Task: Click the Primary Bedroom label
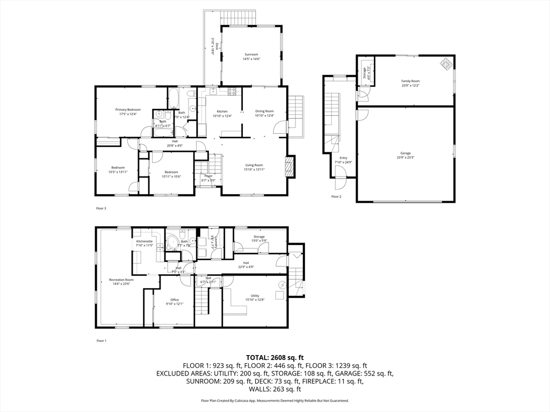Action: pyautogui.click(x=128, y=109)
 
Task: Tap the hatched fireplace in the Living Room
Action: pyautogui.click(x=290, y=166)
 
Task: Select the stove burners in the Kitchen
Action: pyautogui.click(x=232, y=92)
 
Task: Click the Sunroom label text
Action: pyautogui.click(x=251, y=54)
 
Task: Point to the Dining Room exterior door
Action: pyautogui.click(x=280, y=128)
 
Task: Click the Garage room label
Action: pyautogui.click(x=406, y=153)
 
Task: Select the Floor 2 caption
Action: pyautogui.click(x=336, y=197)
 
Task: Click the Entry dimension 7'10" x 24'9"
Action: pyautogui.click(x=343, y=162)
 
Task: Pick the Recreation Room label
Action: pyautogui.click(x=121, y=279)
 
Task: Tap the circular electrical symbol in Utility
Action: pyautogui.click(x=281, y=284)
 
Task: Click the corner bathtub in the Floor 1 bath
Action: pyautogui.click(x=172, y=243)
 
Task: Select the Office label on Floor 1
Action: pyautogui.click(x=175, y=300)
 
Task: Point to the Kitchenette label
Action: pyautogui.click(x=144, y=241)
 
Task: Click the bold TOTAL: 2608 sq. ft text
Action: pyautogui.click(x=275, y=357)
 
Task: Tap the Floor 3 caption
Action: pyautogui.click(x=101, y=208)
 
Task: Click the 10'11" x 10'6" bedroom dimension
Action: pyautogui.click(x=171, y=176)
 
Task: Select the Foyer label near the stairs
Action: pyautogui.click(x=208, y=176)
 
